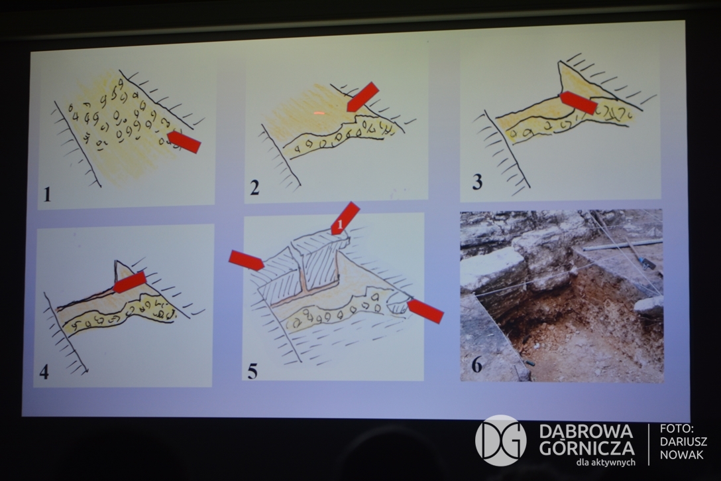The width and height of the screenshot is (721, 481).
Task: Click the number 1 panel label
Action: [47, 194]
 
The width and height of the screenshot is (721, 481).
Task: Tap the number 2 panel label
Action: [254, 187]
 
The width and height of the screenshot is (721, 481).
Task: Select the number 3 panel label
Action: [477, 182]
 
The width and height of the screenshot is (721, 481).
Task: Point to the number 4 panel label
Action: [44, 372]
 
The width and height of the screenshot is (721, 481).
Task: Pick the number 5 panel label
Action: [252, 371]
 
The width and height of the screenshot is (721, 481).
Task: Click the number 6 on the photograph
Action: [477, 366]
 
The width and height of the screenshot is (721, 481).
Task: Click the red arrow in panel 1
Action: [184, 141]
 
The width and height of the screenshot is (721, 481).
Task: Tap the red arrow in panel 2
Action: [362, 97]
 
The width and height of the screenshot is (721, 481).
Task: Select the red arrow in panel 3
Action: [579, 102]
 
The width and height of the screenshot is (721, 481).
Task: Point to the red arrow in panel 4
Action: [130, 282]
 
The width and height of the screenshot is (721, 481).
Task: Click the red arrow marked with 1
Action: [345, 218]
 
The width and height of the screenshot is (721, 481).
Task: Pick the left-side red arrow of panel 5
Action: [247, 260]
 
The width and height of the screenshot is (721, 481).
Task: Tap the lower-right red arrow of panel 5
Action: [426, 311]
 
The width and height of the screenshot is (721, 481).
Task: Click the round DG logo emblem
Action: [501, 440]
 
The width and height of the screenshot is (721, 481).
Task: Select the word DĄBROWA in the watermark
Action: [586, 432]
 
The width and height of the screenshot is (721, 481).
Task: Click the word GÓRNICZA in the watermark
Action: [586, 447]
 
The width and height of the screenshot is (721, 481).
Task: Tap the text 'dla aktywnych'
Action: [606, 462]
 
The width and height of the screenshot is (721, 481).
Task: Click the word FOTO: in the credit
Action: [677, 429]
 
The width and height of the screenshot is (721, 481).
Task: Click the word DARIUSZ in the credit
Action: [683, 441]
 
